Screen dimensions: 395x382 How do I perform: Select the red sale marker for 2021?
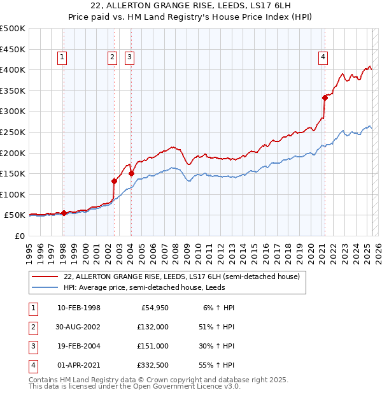coord(325,97)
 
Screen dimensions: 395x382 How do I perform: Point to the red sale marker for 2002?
coord(115,180)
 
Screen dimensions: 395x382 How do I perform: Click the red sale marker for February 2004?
coord(131,173)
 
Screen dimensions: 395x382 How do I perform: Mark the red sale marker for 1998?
coord(64,213)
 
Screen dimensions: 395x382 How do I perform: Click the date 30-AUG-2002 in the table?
coord(79,327)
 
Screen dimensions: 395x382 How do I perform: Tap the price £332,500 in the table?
coord(152,365)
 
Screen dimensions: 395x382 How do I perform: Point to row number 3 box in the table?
coord(32,346)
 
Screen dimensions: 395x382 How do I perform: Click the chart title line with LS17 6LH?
coord(190,7)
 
